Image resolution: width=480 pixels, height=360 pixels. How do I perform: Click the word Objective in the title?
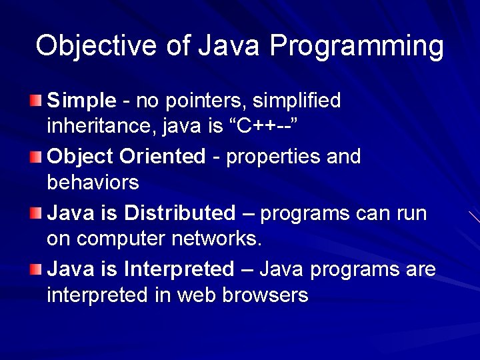coord(87,46)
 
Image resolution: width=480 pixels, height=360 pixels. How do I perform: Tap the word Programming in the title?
coord(357,47)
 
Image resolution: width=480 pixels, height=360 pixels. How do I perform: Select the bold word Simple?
coord(82,101)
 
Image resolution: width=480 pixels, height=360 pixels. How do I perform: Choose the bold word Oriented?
coord(163,157)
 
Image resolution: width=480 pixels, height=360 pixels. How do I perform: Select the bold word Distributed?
coord(179,213)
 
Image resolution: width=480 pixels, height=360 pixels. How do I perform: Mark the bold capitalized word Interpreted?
coord(179,269)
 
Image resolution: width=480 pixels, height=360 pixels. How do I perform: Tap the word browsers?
coord(264,294)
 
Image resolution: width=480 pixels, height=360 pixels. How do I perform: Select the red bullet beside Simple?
coord(35,101)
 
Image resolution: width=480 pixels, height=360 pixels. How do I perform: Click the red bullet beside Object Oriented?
coord(35,157)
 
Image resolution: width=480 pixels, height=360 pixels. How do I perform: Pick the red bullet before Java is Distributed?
coord(35,213)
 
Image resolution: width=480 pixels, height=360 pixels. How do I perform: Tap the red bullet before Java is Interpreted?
coord(35,269)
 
